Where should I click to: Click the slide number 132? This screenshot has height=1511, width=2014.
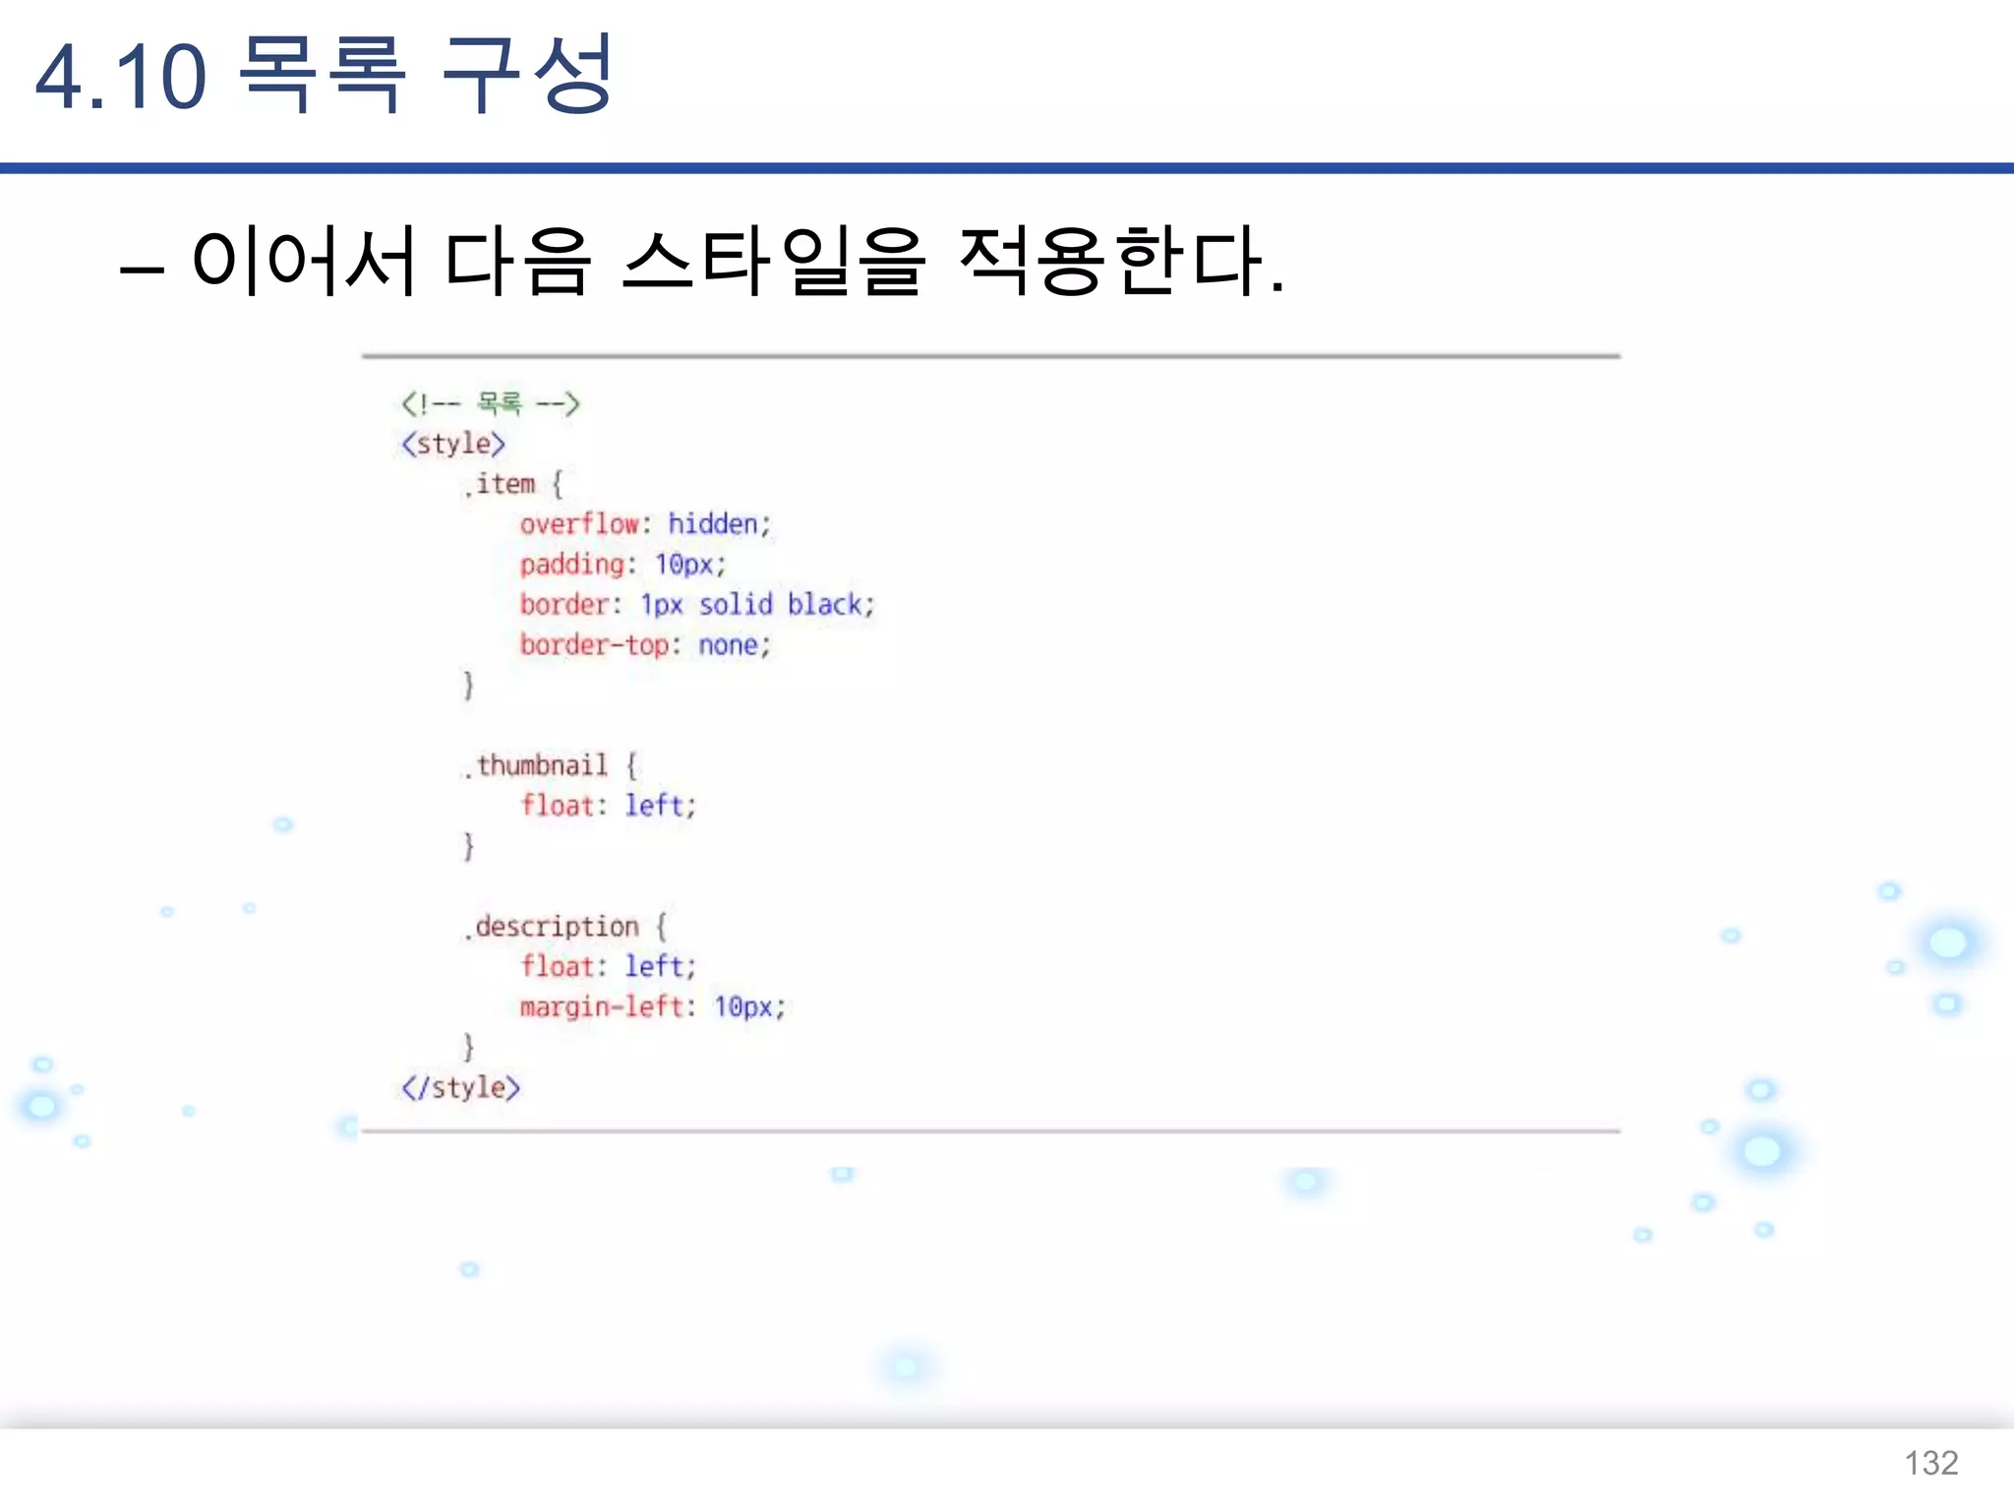pos(1930,1463)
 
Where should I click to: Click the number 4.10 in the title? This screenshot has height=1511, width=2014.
pos(121,77)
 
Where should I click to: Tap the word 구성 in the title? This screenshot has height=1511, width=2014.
pos(526,75)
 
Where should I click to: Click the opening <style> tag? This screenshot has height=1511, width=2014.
pos(453,444)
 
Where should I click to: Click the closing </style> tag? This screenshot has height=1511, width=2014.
pos(460,1087)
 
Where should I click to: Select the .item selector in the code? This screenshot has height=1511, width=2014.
pos(501,484)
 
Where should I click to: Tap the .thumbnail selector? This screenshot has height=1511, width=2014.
pos(538,765)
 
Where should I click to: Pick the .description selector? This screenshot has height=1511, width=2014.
pos(553,927)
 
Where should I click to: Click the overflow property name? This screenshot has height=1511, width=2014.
pos(579,524)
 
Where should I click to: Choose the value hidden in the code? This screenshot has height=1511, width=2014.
pos(714,524)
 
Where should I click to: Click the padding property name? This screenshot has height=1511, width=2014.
pos(572,565)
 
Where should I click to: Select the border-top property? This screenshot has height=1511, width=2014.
pos(594,645)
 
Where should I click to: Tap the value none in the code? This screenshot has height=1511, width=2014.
pos(729,645)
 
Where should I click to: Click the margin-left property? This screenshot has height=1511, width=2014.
pos(601,1006)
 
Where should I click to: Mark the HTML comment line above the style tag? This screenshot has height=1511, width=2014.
pos(490,403)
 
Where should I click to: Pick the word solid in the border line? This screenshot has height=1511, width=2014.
pos(736,605)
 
